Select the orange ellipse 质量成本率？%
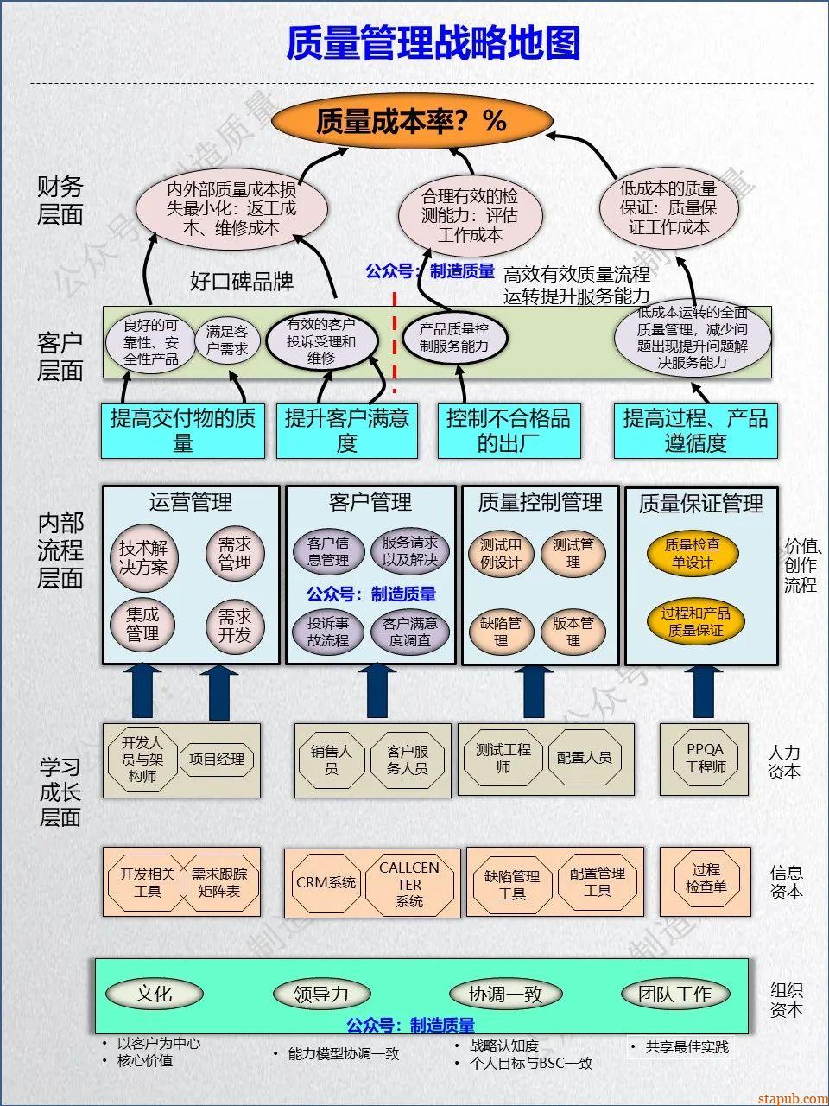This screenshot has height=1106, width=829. point(410,121)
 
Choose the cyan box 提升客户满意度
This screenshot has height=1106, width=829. point(346,430)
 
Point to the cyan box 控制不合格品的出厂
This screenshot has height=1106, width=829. point(508,430)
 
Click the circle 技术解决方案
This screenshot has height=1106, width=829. point(143,557)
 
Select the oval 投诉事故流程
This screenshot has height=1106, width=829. point(328,632)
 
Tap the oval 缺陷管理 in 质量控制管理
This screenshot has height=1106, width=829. point(501,632)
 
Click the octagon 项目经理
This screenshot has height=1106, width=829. point(217,760)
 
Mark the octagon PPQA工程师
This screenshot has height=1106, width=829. point(706,758)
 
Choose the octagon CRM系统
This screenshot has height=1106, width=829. point(326,882)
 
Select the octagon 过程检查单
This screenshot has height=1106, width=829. point(706,878)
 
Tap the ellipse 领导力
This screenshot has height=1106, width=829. point(321,995)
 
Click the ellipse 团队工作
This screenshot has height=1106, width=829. point(674,995)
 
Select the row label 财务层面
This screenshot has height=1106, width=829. point(60,200)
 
